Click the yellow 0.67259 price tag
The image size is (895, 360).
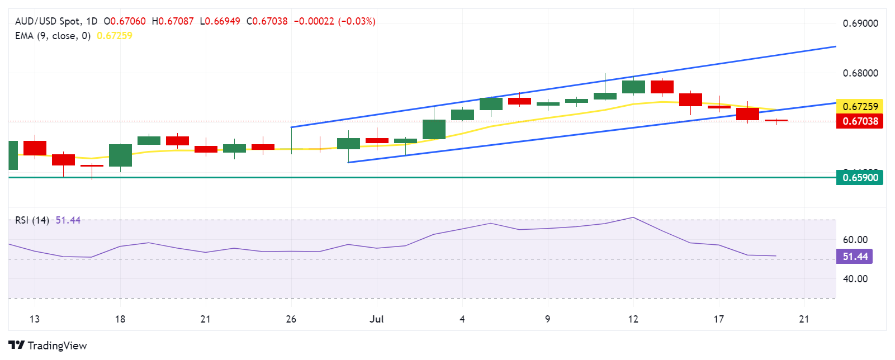[860, 106]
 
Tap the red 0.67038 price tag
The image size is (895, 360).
[860, 121]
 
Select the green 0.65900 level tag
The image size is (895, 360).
[860, 178]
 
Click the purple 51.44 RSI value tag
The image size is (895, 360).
[855, 257]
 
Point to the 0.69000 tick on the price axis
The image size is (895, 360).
[860, 23]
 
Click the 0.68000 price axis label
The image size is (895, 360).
[860, 73]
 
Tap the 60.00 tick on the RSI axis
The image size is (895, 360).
[855, 240]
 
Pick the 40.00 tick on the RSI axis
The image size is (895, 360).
[855, 279]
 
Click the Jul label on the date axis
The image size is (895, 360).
[376, 319]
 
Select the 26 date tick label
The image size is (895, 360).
[291, 319]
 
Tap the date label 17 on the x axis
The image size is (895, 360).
[718, 319]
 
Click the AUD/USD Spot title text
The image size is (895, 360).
[48, 21]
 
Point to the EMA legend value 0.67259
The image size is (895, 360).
[115, 36]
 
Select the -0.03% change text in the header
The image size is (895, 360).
[357, 21]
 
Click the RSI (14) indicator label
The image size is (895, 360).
[32, 220]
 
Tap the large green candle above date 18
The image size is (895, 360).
[120, 155]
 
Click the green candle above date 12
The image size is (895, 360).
[633, 87]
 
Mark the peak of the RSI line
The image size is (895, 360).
[633, 217]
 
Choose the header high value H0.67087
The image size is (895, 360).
[173, 21]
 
